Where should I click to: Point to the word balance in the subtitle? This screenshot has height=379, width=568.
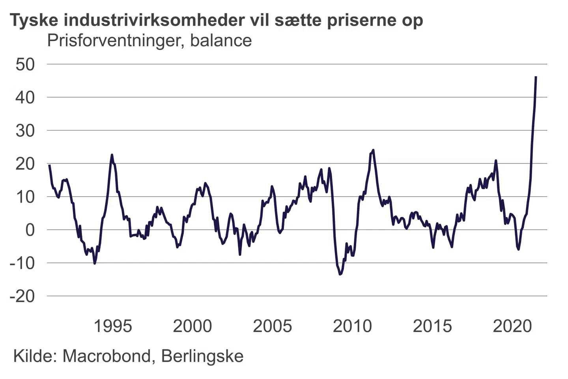tap(221, 41)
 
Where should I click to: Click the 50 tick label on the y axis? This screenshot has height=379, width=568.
tap(25, 64)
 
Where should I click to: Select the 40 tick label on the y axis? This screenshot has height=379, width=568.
tap(25, 97)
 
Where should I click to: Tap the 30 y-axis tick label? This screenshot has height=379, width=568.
tap(25, 130)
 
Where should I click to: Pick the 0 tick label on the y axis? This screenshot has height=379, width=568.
tap(30, 230)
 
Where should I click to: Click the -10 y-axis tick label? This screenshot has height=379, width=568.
tap(22, 263)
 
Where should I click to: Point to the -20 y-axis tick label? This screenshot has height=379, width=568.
tap(22, 296)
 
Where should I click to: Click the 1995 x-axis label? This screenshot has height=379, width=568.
tap(113, 326)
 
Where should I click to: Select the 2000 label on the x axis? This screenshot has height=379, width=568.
tap(192, 326)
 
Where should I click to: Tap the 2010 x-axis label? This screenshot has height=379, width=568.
tap(352, 326)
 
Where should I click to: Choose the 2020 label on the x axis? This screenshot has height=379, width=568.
tap(512, 326)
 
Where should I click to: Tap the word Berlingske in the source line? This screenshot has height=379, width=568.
tap(202, 356)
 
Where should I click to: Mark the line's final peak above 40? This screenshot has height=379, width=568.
tap(536, 77)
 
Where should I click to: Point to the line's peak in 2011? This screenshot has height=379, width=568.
tap(373, 150)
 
